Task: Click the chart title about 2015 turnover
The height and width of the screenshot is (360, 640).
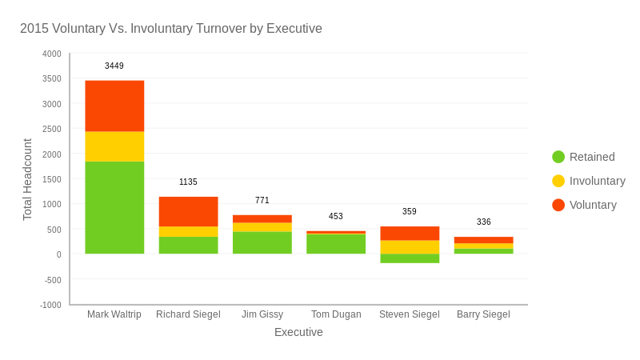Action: click(x=170, y=29)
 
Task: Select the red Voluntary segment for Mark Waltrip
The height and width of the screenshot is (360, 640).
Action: click(x=114, y=106)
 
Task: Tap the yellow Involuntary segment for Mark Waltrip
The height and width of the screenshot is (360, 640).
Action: click(x=114, y=146)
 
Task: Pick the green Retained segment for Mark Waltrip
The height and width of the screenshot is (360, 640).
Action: click(x=114, y=207)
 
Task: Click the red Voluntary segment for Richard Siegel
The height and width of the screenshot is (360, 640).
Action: click(x=188, y=211)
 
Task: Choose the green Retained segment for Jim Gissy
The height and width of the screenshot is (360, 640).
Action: click(x=262, y=242)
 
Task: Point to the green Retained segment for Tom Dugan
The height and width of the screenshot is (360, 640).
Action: click(x=336, y=244)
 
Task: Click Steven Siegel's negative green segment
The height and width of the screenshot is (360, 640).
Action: click(x=410, y=258)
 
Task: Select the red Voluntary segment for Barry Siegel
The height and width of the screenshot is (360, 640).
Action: click(x=483, y=240)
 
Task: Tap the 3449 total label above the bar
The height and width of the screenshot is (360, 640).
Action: click(x=114, y=66)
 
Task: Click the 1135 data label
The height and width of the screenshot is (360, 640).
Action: click(x=188, y=182)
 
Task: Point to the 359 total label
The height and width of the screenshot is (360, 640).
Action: click(x=410, y=212)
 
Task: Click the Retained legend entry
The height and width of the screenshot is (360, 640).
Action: click(x=592, y=157)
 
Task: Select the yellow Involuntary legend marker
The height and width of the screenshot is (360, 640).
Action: click(x=558, y=181)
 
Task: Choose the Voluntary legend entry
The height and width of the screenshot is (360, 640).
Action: click(x=593, y=205)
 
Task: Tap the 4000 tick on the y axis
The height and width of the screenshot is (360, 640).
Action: click(x=52, y=54)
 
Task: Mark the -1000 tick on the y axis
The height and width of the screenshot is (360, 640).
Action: click(x=51, y=305)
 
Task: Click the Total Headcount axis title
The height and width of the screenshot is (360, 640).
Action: click(x=27, y=179)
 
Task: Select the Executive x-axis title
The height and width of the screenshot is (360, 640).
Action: click(x=298, y=332)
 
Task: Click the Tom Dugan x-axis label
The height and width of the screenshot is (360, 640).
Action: click(x=336, y=314)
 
